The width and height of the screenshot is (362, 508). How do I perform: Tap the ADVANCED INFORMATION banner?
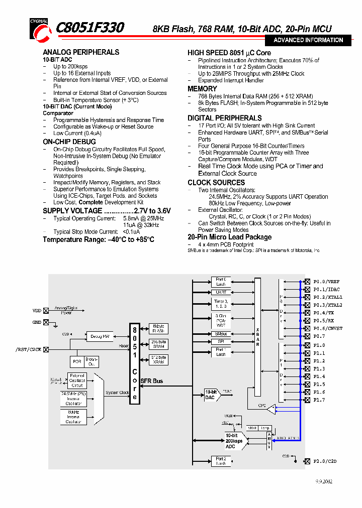coord(308,40)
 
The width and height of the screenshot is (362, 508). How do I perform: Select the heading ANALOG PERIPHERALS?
coord(81,52)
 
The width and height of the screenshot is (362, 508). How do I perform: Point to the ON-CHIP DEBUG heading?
coord(68,143)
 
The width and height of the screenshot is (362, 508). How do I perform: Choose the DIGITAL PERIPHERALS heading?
coord(225,118)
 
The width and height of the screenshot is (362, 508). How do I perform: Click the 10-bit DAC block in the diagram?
coord(211,395)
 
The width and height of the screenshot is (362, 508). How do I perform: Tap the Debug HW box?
coord(100,336)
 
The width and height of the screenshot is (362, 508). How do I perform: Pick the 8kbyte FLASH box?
coord(158,329)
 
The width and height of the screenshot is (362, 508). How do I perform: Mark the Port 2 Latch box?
coord(220,461)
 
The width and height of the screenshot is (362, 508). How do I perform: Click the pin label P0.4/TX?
coord(323,313)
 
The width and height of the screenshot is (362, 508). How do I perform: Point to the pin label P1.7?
coord(319,400)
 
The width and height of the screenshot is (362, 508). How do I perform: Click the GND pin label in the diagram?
coord(37,322)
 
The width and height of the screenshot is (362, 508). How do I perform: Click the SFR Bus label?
coord(151,382)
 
